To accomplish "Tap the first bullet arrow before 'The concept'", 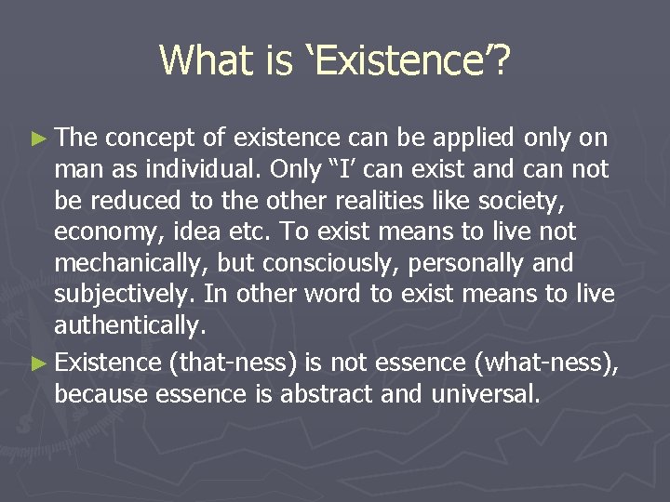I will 39,139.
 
